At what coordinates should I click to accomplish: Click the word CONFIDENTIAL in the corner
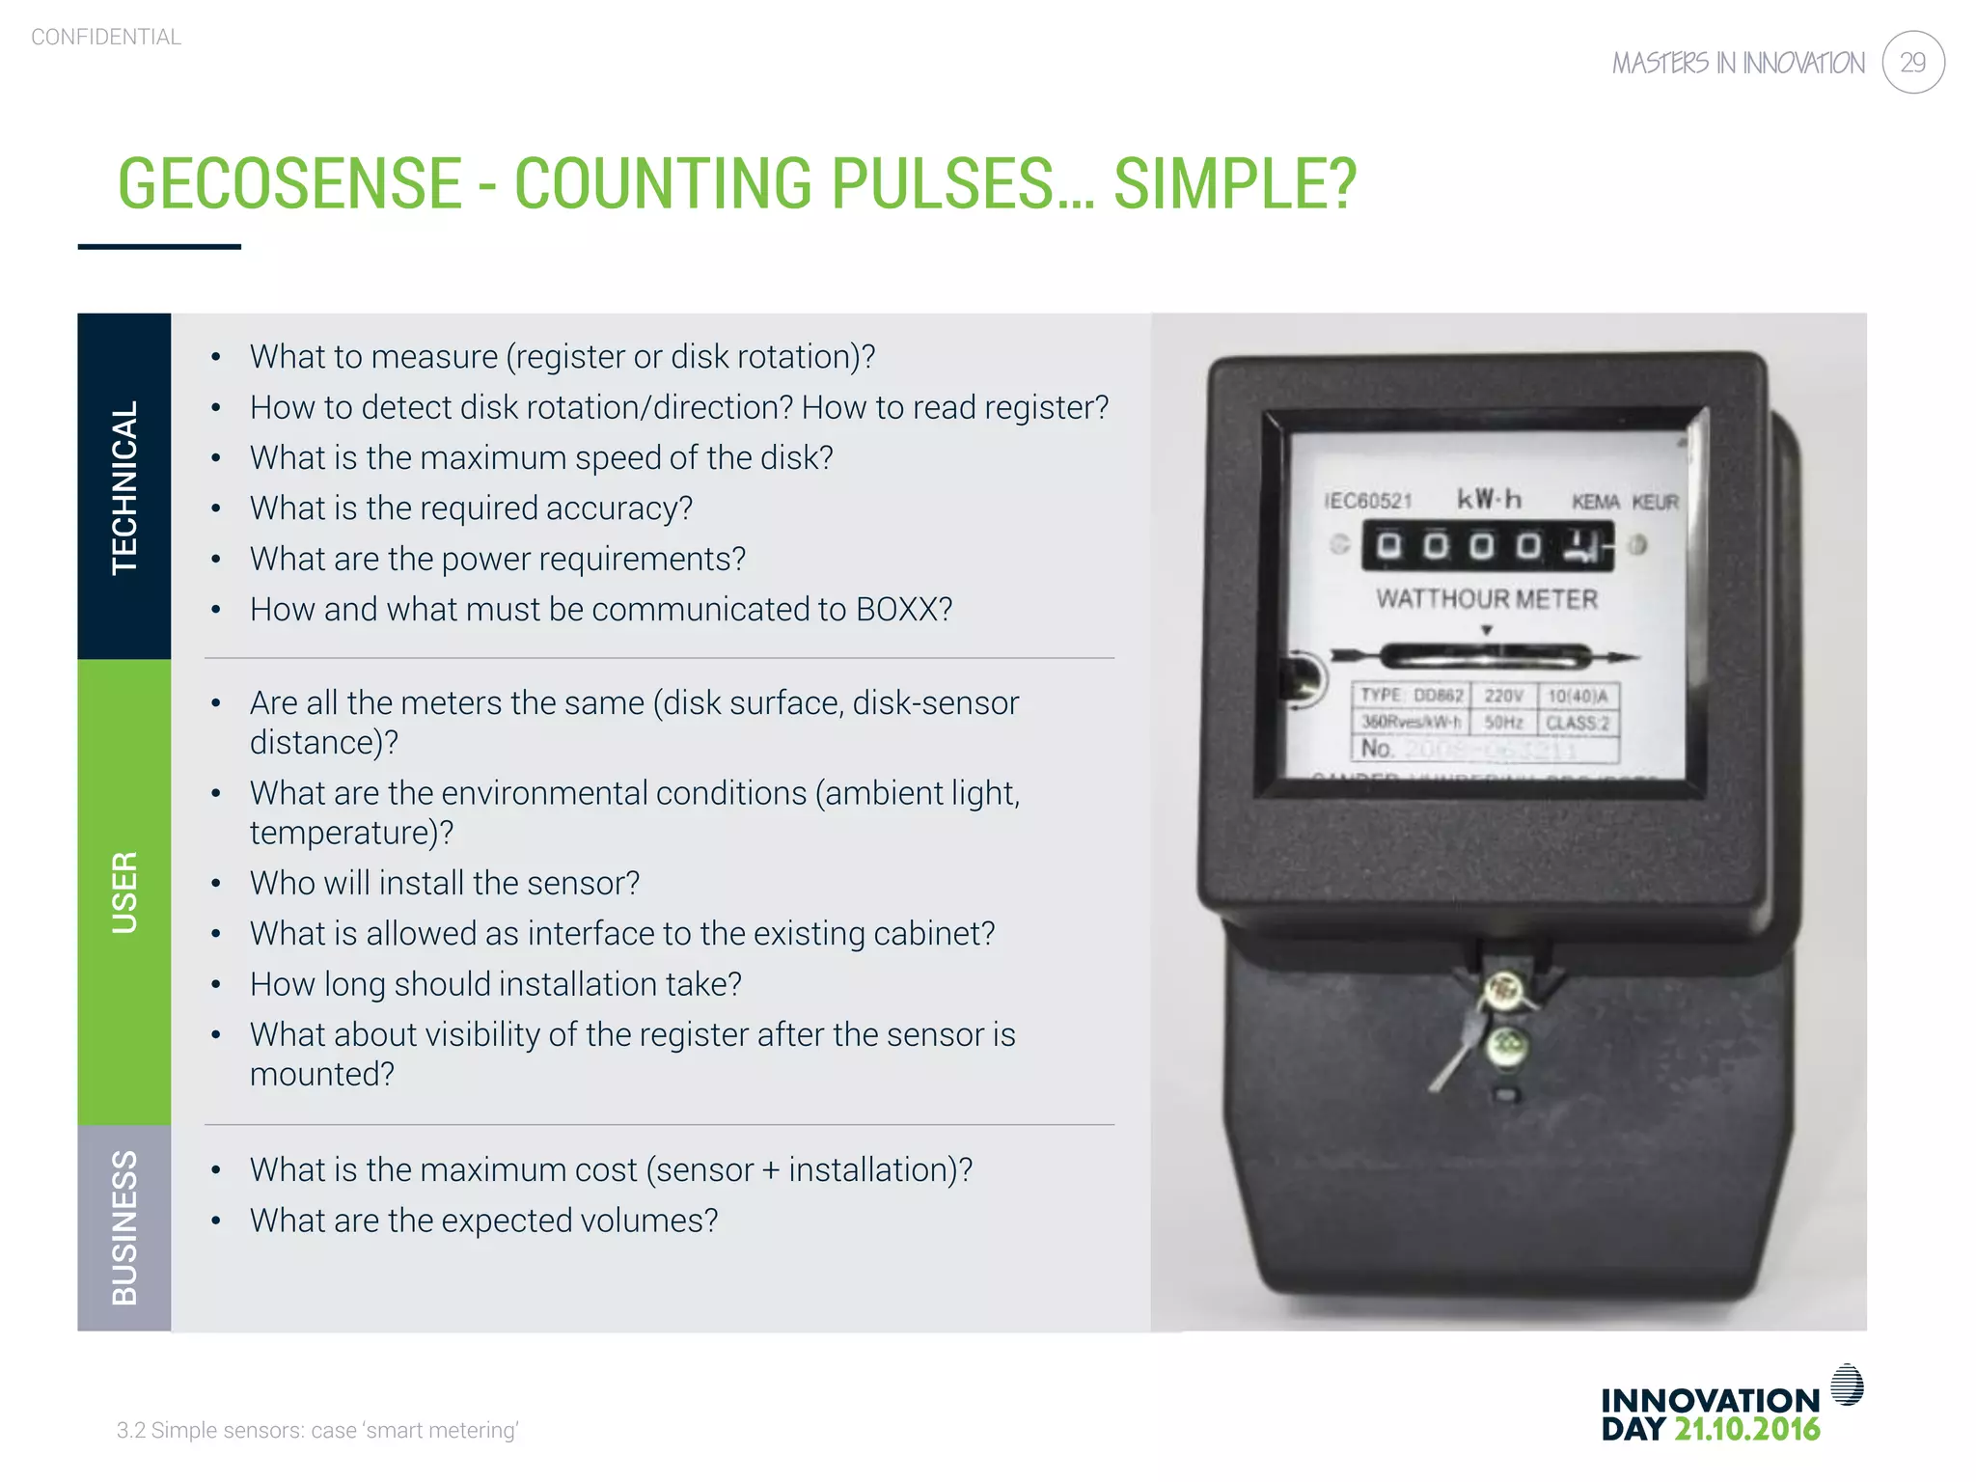(106, 37)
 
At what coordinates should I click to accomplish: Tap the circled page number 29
(1912, 63)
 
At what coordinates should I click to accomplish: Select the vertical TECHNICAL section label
(124, 486)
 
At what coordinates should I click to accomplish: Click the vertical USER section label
(124, 892)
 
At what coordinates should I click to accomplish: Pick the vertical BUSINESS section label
(124, 1227)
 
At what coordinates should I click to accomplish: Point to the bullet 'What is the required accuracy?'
(471, 508)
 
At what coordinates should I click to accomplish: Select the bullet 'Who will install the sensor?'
(444, 883)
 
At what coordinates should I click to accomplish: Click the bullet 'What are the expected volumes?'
(483, 1221)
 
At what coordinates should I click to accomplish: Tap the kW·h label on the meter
(1489, 499)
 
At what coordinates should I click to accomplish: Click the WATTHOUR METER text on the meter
(1487, 599)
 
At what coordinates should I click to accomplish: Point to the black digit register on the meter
(1487, 546)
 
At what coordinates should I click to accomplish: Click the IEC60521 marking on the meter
(1368, 501)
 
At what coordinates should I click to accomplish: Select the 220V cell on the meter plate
(1503, 696)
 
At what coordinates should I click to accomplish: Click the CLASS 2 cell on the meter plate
(1578, 723)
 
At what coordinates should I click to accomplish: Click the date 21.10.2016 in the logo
(1746, 1429)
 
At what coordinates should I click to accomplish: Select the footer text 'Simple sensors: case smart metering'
(317, 1430)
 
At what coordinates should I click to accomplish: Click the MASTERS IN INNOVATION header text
(1739, 64)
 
